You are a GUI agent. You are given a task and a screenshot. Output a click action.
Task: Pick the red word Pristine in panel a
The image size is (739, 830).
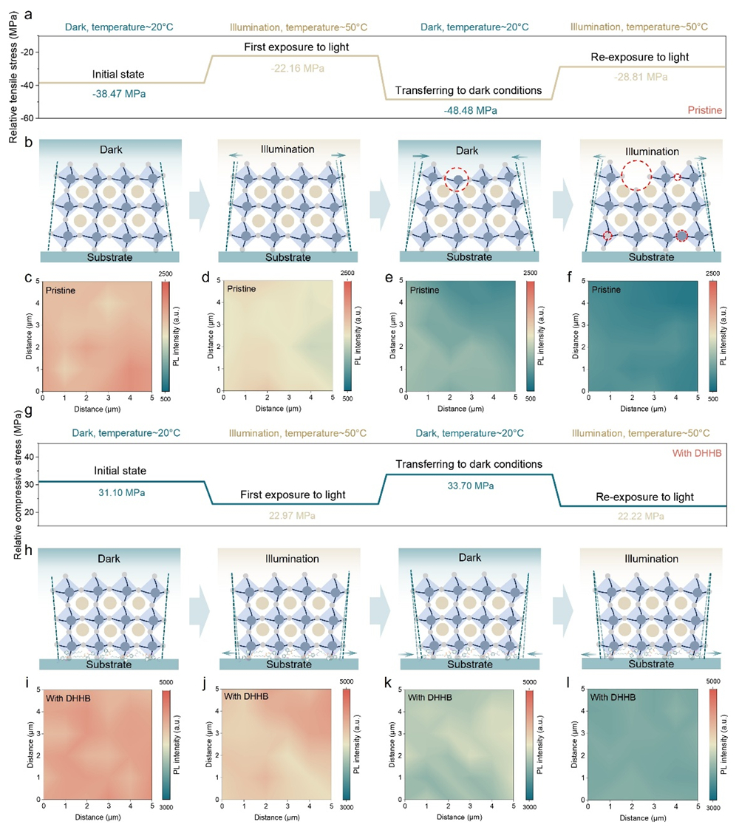tap(705, 109)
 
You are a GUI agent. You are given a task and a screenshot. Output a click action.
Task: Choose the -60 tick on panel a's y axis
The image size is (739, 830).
tap(29, 118)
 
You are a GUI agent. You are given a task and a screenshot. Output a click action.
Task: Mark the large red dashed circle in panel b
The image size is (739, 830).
tap(637, 177)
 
